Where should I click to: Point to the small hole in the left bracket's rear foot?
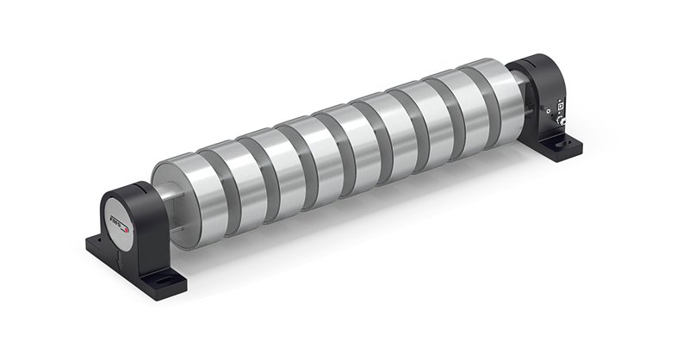click(x=93, y=243)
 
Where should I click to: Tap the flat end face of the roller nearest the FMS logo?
click(x=164, y=194)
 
